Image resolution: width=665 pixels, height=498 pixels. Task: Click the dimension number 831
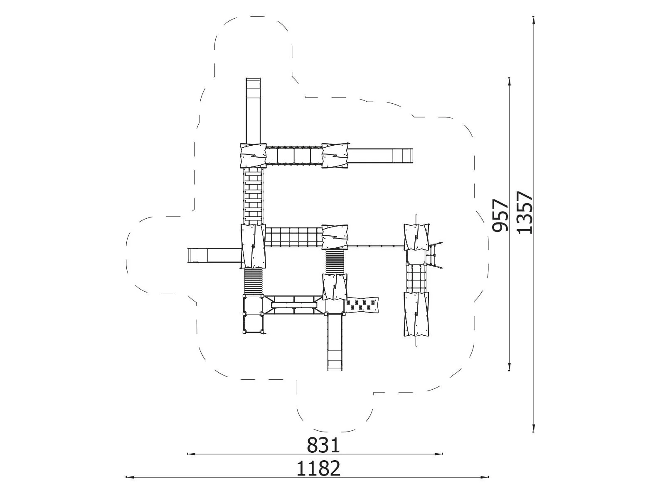323,445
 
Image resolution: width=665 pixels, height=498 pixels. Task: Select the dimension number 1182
318,469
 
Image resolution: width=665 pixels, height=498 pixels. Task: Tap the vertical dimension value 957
500,215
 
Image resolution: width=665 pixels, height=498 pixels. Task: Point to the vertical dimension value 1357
525,212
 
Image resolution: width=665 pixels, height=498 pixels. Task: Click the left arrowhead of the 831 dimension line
190,454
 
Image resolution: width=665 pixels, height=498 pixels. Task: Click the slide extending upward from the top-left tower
253,111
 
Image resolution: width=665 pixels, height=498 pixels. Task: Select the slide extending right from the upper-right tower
381,156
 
